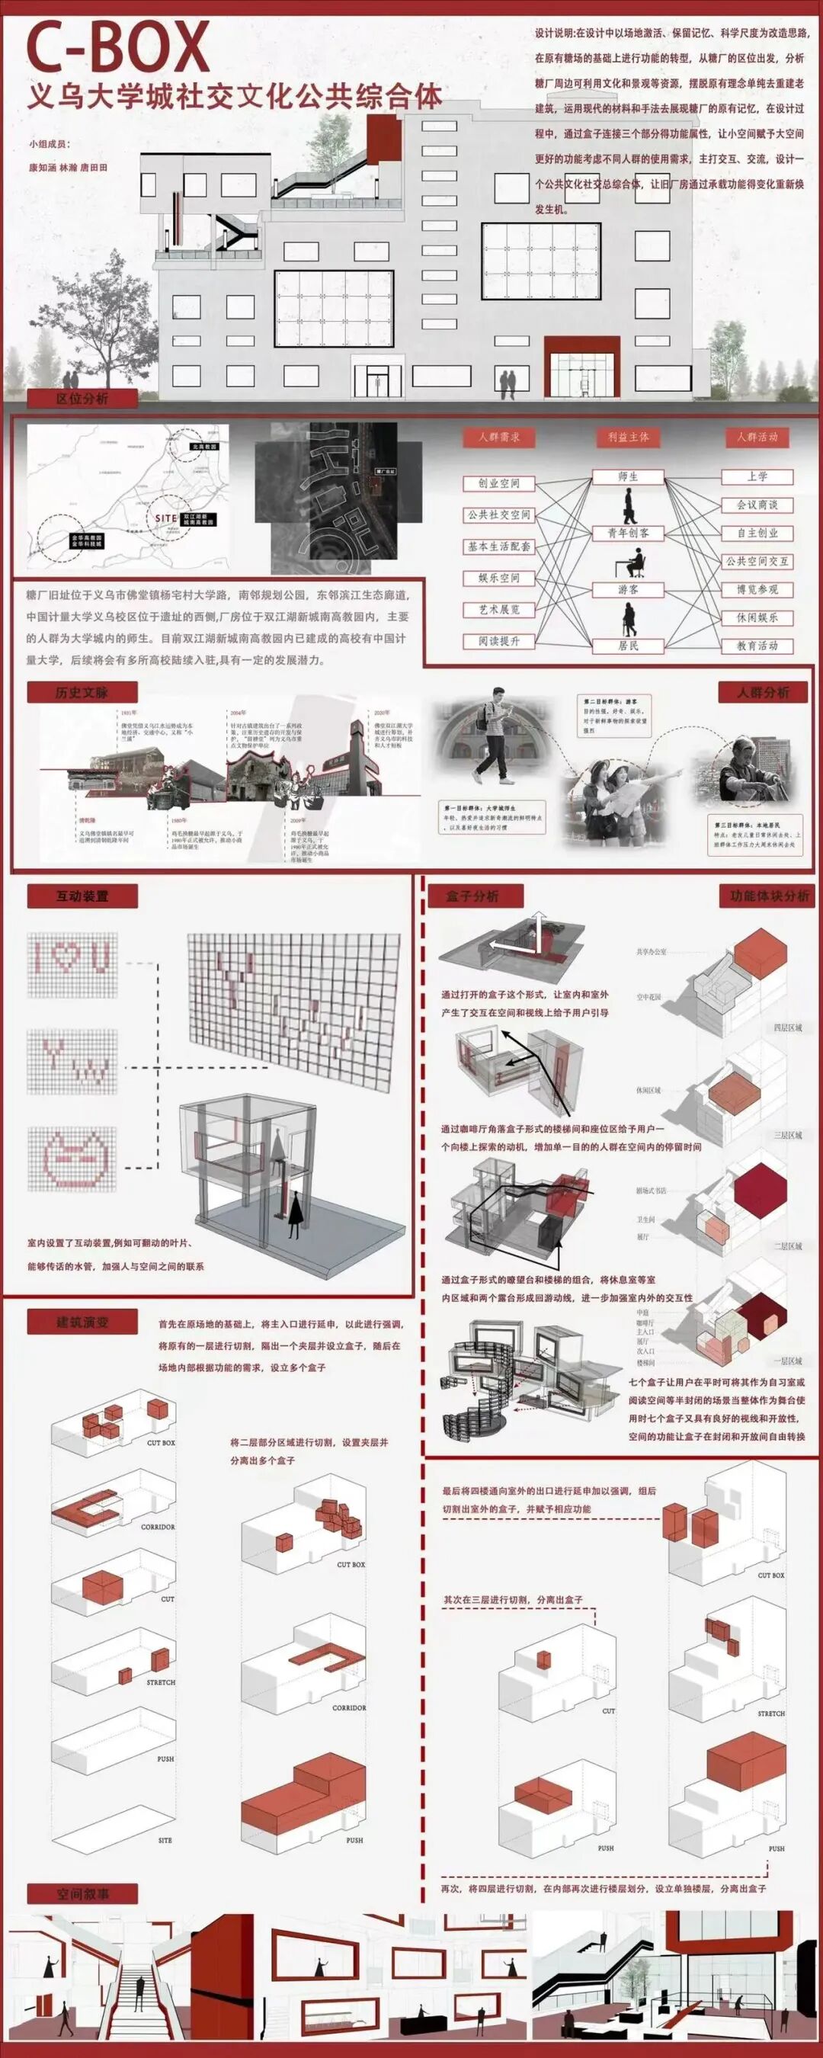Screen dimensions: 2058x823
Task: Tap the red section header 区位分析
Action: coord(82,398)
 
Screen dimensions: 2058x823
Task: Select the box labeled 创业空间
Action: coord(498,483)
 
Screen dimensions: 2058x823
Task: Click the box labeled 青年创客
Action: coord(628,533)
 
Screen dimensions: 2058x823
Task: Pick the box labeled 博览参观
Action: coord(757,590)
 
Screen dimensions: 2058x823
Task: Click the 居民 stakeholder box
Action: coord(628,646)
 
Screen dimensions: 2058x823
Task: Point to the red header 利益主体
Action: coord(628,437)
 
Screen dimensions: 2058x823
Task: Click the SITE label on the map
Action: coord(166,518)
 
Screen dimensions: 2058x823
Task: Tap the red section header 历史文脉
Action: coord(82,692)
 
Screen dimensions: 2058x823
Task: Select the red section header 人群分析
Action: coord(762,692)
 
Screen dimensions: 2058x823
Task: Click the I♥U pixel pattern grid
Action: coord(72,964)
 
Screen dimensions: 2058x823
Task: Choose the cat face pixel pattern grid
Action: coord(72,1159)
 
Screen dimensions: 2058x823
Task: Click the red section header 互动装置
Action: coord(82,896)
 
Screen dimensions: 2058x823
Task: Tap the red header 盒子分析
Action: coord(475,896)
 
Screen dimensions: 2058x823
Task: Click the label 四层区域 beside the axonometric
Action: coord(787,1027)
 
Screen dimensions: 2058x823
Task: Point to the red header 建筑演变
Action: coord(82,1322)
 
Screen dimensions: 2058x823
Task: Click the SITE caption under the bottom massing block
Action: coord(165,1840)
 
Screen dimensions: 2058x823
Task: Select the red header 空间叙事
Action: coord(82,1893)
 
